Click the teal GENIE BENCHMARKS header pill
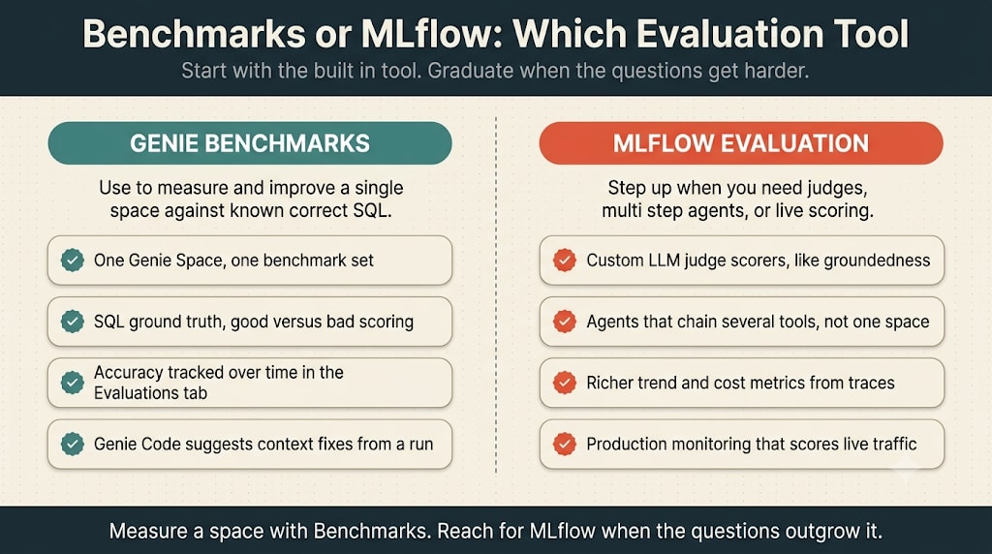coord(250,143)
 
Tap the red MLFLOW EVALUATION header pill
coord(741,143)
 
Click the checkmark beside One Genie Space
coord(72,260)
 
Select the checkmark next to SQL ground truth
coord(72,322)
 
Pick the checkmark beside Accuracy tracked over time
coord(72,383)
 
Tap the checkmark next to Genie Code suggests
coord(72,444)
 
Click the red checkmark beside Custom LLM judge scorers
coord(565,260)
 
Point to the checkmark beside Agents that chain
coord(565,322)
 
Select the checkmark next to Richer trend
coord(565,383)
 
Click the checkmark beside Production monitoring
coord(565,444)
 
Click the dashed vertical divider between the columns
coord(496,294)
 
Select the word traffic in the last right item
coord(893,444)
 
